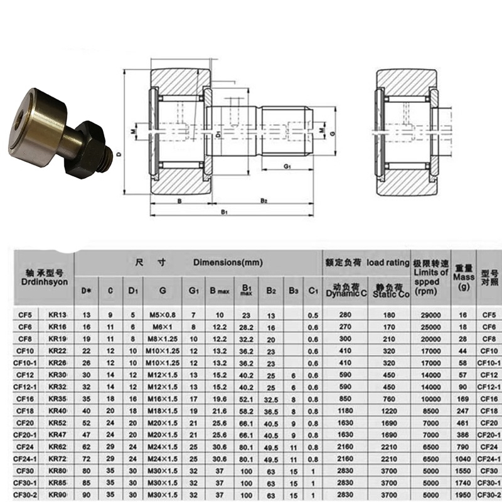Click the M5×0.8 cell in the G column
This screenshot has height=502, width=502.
163,315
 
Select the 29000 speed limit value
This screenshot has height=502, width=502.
429,315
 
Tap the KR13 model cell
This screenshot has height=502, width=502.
58,315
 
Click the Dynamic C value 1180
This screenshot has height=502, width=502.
341,410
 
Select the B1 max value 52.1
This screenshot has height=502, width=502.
247,398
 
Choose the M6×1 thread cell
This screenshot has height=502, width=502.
163,327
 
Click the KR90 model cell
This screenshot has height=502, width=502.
58,494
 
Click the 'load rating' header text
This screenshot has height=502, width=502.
387,263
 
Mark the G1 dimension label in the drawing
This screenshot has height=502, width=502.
286,166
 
